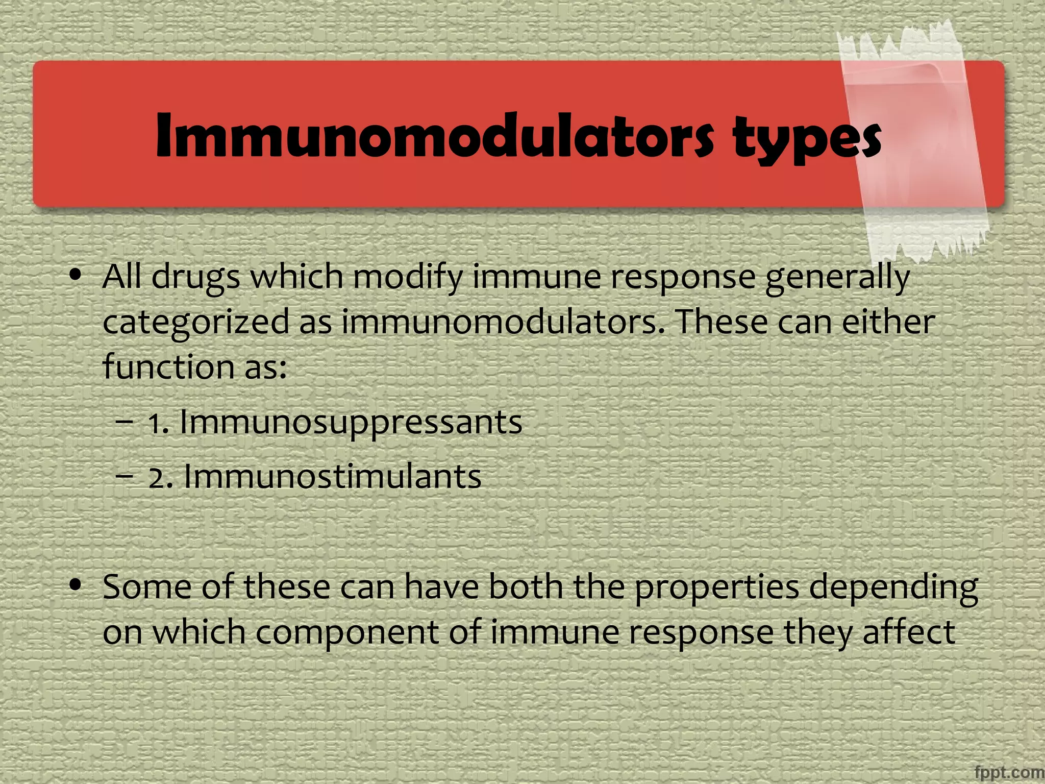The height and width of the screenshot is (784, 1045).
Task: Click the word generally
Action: [837, 278]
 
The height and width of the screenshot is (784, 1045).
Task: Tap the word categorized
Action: [196, 323]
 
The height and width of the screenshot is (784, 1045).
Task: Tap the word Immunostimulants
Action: [332, 477]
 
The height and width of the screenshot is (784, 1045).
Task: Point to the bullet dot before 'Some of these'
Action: [76, 585]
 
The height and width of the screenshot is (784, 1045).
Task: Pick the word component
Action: [347, 633]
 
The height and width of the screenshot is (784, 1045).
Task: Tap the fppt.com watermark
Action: [1009, 772]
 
